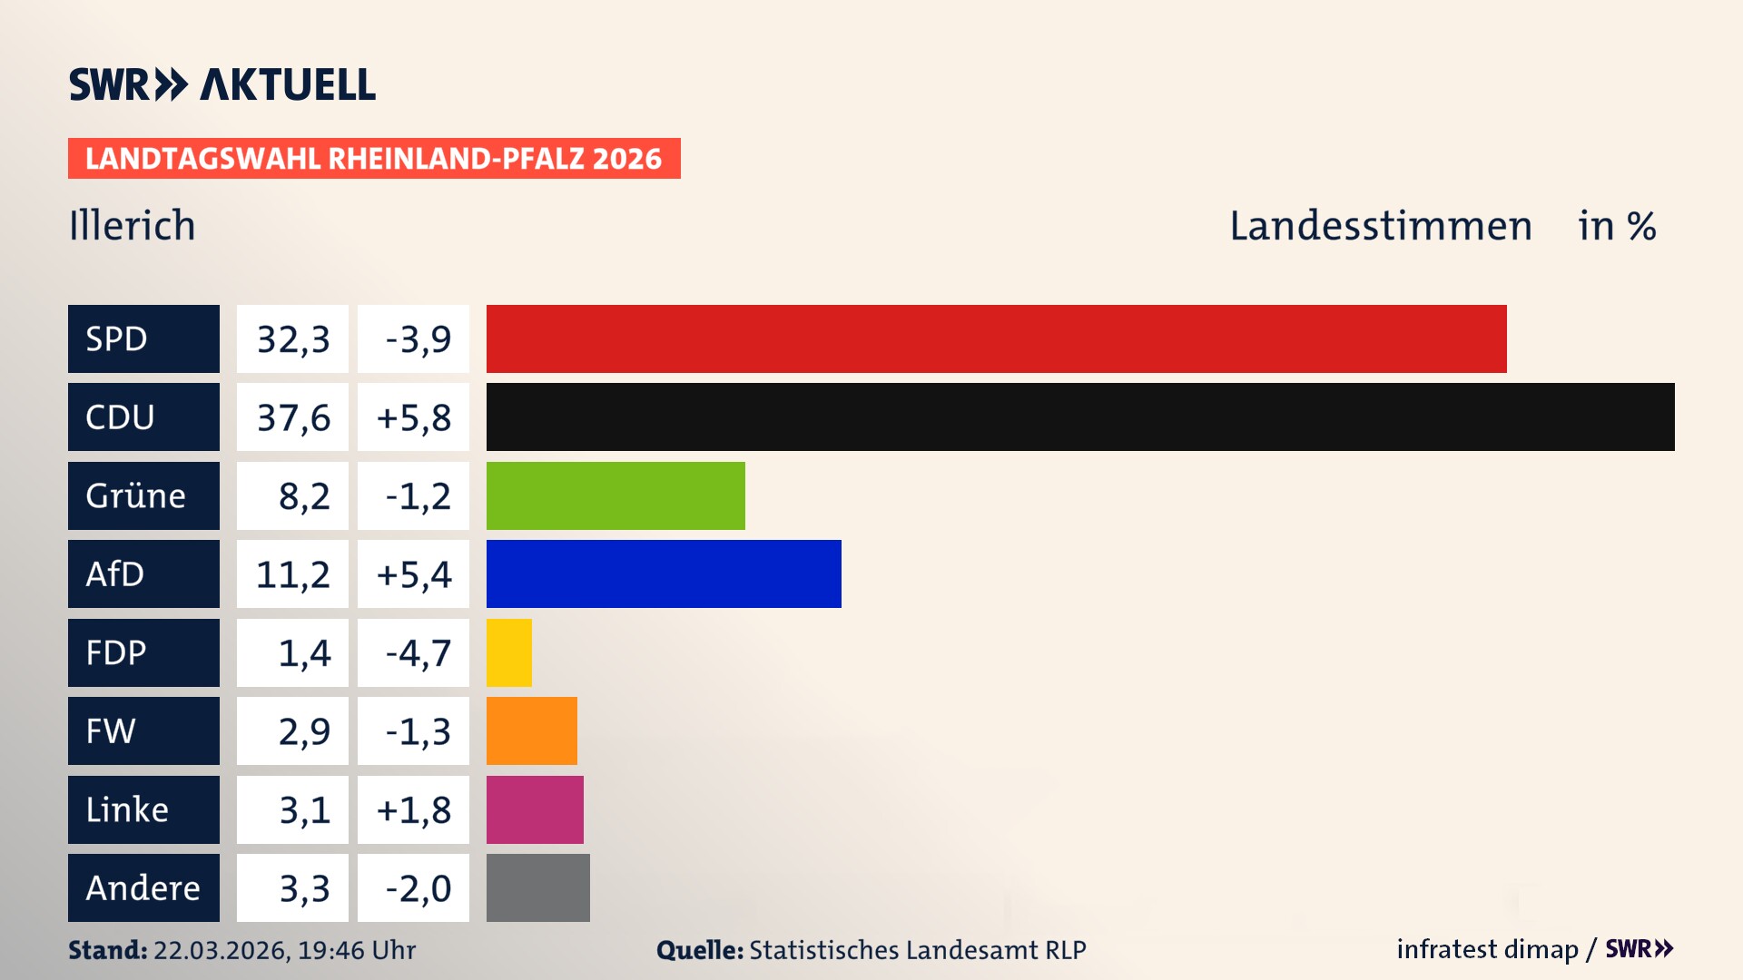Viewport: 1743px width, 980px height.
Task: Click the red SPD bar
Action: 996,338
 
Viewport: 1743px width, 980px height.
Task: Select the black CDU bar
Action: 1080,416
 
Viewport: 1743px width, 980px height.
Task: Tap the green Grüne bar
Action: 615,495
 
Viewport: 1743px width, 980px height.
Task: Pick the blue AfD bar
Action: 664,573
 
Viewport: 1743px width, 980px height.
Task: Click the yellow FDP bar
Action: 508,652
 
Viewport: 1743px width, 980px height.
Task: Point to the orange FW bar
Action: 531,730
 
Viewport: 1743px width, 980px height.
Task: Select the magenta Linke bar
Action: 535,809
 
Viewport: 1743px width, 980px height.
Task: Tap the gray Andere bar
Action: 537,887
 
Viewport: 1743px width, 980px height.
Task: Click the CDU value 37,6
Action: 292,417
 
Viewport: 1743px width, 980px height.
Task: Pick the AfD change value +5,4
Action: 414,574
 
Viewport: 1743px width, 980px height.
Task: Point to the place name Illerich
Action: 133,226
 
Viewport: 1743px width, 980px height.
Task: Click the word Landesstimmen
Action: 1380,226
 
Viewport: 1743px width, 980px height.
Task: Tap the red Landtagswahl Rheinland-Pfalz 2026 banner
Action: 374,159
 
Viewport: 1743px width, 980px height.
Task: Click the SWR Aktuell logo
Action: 222,84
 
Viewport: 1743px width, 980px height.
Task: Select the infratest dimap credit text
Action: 1486,949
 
